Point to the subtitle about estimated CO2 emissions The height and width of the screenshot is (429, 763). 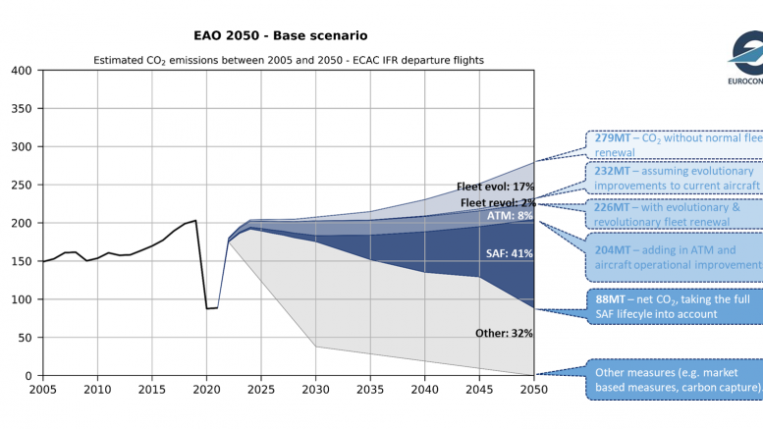pos(289,61)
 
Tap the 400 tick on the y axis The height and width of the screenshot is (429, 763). pos(20,71)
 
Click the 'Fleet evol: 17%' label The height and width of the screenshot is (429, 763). pos(495,187)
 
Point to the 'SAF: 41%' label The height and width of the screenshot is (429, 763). pos(510,253)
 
